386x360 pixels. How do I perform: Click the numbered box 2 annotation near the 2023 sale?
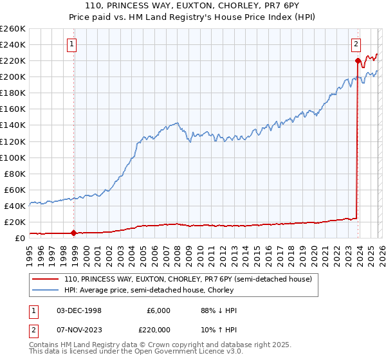pos(356,44)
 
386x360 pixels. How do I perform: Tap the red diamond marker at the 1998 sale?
pos(73,233)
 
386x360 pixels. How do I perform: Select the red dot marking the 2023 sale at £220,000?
pos(358,60)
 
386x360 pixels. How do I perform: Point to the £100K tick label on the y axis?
pos(13,157)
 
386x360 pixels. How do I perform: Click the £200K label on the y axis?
pos(13,77)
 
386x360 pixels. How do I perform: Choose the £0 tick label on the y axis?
pos(19,238)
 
